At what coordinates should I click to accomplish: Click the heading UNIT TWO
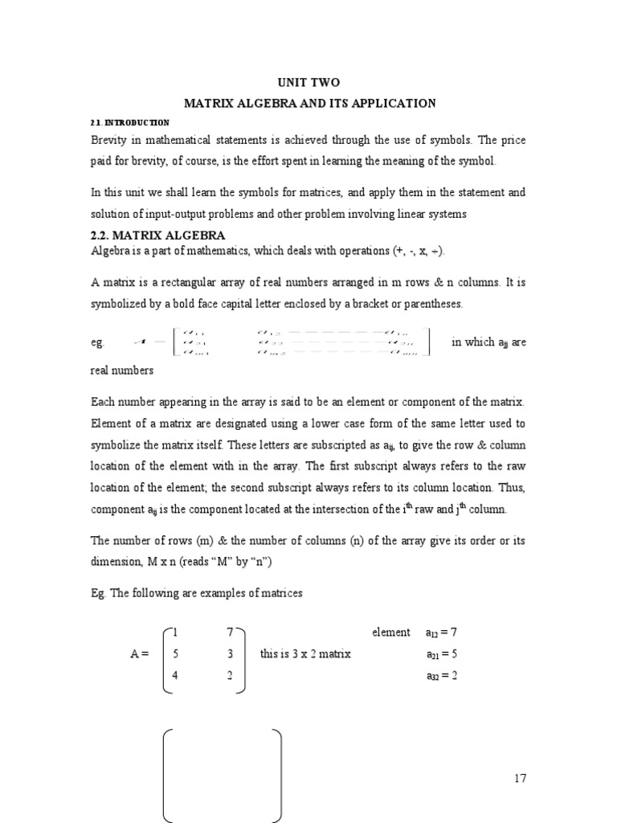click(309, 82)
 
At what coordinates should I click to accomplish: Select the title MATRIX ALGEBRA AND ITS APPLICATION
click(310, 103)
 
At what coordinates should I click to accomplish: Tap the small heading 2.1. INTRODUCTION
click(129, 122)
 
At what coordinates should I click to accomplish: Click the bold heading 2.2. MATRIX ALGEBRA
click(157, 235)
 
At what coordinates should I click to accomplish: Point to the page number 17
click(519, 778)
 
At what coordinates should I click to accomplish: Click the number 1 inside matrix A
click(175, 633)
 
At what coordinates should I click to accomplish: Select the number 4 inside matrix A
click(175, 675)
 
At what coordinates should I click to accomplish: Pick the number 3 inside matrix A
click(230, 654)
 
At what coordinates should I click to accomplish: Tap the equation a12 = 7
click(441, 633)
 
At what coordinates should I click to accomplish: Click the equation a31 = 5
click(441, 654)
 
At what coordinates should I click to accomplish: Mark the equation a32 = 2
click(441, 675)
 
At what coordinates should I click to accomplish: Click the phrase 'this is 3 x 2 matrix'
click(305, 654)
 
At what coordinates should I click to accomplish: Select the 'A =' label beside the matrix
click(139, 654)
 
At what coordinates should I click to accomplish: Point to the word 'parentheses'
click(432, 304)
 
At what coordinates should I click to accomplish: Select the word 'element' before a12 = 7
click(390, 633)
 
